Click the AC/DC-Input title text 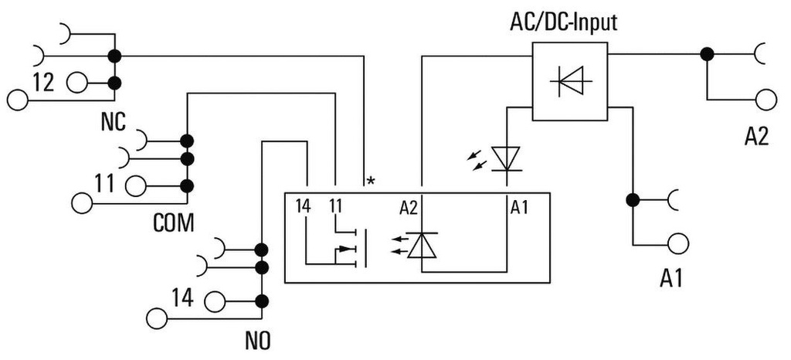point(563,21)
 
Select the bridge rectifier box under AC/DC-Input point(569,81)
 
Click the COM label point(172,223)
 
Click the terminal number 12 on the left point(43,82)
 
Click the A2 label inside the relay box point(409,206)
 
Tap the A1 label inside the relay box point(520,206)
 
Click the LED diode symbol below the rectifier point(506,159)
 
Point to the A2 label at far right point(756,136)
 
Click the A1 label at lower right point(672,279)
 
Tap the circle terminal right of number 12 point(77,82)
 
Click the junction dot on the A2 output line point(706,54)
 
